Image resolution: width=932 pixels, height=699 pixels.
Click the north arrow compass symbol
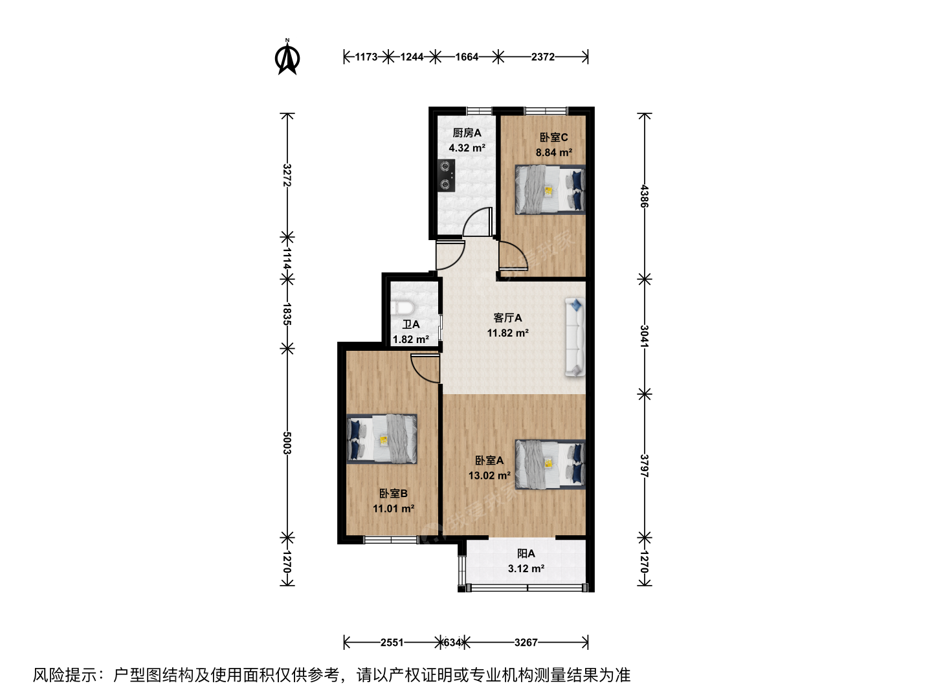287,57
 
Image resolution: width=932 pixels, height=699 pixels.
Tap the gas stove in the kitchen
446,175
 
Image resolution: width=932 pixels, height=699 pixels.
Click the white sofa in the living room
575,337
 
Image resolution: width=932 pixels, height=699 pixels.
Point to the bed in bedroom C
550,190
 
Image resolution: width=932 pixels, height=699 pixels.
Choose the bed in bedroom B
382,439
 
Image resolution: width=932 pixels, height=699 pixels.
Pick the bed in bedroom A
550,465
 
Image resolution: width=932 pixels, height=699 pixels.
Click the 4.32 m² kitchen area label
467,148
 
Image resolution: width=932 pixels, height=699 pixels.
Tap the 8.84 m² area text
553,152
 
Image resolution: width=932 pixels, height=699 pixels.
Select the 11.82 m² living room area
508,333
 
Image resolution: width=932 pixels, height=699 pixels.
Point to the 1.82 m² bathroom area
410,340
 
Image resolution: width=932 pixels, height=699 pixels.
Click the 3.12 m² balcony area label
526,569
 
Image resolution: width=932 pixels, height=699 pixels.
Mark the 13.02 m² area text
489,476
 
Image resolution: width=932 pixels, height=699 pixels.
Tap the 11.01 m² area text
394,509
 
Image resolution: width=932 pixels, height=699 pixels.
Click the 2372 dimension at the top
542,57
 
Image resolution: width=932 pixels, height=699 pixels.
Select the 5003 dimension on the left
287,443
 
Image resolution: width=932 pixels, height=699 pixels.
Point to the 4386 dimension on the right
645,196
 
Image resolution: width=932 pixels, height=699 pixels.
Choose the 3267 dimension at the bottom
526,643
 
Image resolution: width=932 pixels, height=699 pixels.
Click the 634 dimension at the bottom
452,643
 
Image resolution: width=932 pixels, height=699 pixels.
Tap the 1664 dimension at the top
467,57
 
